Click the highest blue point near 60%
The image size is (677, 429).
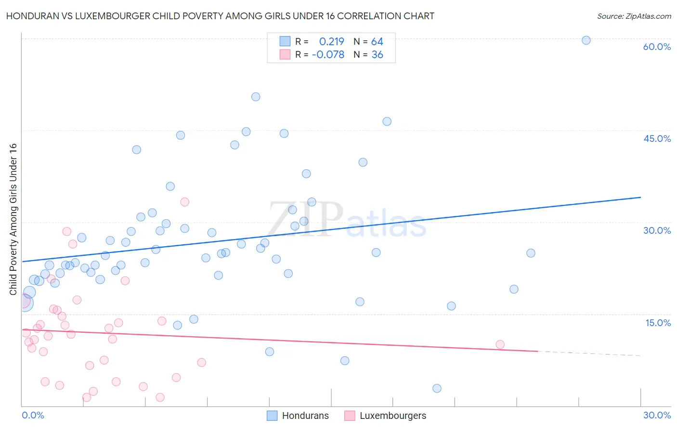586,40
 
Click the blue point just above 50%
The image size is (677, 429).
256,97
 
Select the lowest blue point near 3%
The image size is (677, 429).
437,388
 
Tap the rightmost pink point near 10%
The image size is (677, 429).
500,344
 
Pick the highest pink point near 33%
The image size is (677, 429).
184,202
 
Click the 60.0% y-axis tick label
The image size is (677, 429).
657,47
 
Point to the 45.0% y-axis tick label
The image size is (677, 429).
657,139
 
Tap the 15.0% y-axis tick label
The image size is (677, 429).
658,323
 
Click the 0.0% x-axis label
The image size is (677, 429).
33,415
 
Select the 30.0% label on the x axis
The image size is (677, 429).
657,415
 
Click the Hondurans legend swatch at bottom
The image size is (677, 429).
272,416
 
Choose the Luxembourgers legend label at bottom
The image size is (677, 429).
392,416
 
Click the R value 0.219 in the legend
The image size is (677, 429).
331,42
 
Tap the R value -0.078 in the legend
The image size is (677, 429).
328,55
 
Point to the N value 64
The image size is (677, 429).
377,42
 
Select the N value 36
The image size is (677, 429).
377,55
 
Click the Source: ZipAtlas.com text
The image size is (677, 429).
634,16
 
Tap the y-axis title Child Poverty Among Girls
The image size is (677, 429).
13,219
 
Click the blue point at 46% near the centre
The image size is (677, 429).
387,122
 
